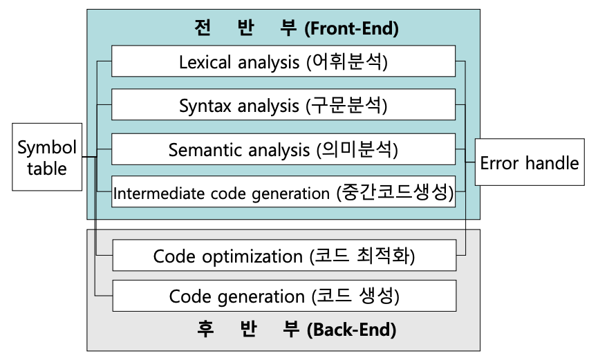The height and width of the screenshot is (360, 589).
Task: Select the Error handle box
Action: tap(529, 163)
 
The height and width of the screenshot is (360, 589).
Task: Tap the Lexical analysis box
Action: tap(283, 62)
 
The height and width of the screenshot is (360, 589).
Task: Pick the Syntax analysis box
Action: tap(283, 106)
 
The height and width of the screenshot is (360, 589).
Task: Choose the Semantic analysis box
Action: tap(283, 149)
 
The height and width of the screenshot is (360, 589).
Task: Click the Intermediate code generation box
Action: tap(283, 192)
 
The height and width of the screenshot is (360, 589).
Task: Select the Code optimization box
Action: tap(283, 256)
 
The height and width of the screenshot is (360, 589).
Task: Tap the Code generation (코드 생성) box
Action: tap(283, 296)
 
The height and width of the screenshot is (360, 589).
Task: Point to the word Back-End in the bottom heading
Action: tap(354, 330)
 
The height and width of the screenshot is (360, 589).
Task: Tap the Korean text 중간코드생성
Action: tap(395, 192)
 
